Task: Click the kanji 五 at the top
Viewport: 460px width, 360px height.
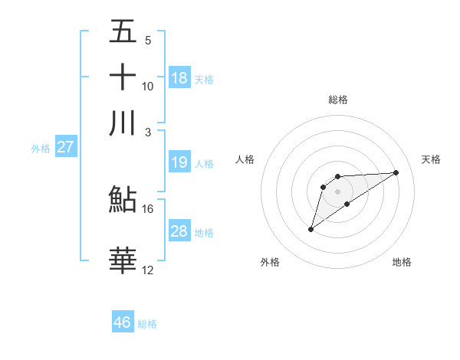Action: coord(123,32)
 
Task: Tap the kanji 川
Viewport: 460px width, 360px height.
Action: coord(123,123)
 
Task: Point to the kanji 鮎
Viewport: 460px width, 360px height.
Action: coord(123,200)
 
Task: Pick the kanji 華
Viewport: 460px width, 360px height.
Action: coord(123,260)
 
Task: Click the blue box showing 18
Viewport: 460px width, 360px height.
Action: coord(179,78)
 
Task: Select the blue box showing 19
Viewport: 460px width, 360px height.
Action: coord(179,162)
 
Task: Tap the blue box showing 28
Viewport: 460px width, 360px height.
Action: coord(179,231)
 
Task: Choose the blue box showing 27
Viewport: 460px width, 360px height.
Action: coord(65,147)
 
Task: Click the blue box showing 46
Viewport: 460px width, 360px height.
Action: coord(123,322)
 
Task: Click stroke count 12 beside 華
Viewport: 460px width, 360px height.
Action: coord(148,269)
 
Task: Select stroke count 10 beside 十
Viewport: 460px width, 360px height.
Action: coord(148,86)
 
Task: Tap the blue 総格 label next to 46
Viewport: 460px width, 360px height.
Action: coord(147,324)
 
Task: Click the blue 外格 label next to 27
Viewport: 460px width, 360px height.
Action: coord(41,149)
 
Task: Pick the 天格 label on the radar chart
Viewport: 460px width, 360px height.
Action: coord(432,159)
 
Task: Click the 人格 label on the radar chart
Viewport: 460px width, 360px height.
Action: coord(245,159)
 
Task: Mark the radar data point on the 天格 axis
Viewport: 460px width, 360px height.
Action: coord(396,172)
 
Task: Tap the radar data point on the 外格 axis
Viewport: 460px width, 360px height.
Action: coord(310,229)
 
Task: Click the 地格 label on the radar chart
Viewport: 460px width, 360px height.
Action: coord(402,263)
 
